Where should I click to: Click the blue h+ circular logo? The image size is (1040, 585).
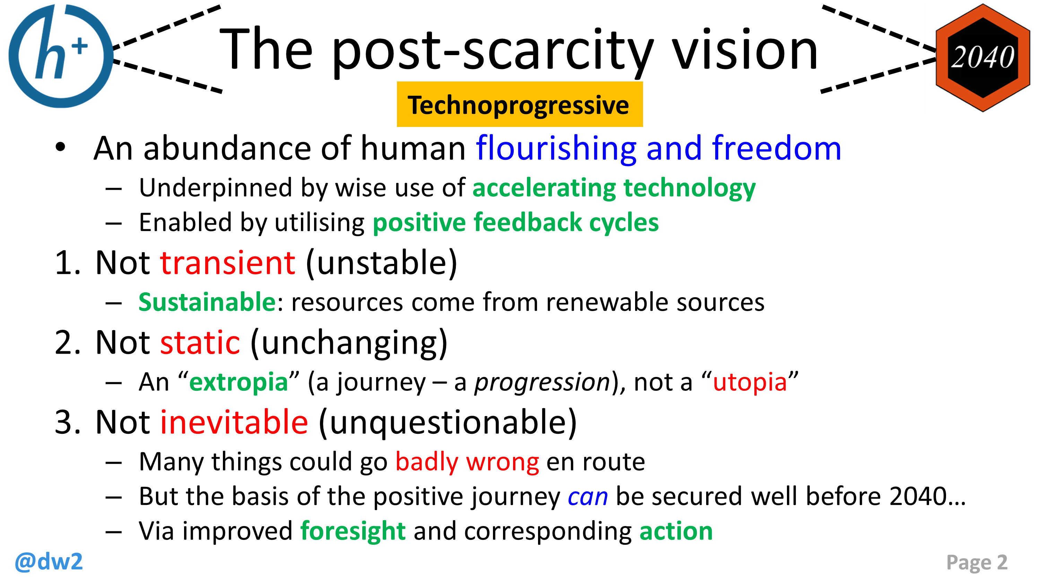[61, 57]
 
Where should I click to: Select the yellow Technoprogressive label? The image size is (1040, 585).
[519, 105]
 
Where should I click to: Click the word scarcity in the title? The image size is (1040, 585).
[557, 51]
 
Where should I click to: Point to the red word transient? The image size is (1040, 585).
[228, 263]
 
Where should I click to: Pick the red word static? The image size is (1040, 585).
[200, 343]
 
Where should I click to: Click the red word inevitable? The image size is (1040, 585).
[234, 422]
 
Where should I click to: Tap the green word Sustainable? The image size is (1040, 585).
[207, 302]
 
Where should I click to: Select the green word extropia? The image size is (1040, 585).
[238, 382]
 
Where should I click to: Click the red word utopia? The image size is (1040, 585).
[750, 382]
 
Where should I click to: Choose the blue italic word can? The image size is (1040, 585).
[587, 497]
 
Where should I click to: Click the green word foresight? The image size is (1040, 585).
[353, 531]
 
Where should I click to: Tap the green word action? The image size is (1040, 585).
[676, 531]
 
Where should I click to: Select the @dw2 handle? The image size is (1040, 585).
[49, 561]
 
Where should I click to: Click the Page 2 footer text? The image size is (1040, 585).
[977, 562]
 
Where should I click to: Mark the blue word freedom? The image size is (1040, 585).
[777, 148]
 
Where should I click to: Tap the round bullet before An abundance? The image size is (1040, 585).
[60, 147]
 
